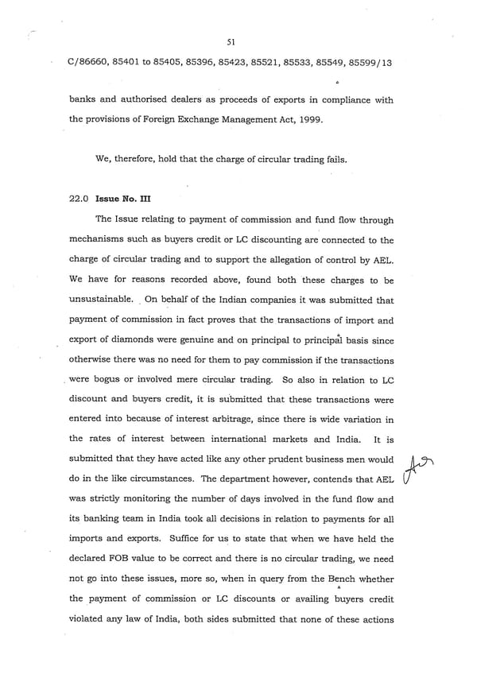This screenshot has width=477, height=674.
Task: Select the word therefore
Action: click(141, 158)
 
